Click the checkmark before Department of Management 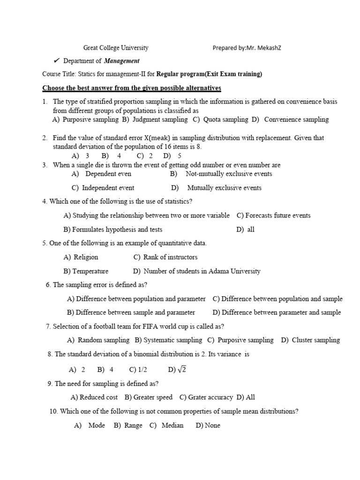(56, 61)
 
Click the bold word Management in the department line (121, 61)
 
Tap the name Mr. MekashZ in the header (266, 48)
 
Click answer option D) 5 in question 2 (172, 156)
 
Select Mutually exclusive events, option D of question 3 (224, 188)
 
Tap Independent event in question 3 (108, 188)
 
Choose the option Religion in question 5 (86, 257)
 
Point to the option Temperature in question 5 (90, 271)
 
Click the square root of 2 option (182, 370)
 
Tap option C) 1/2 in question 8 (138, 370)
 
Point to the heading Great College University (116, 48)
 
